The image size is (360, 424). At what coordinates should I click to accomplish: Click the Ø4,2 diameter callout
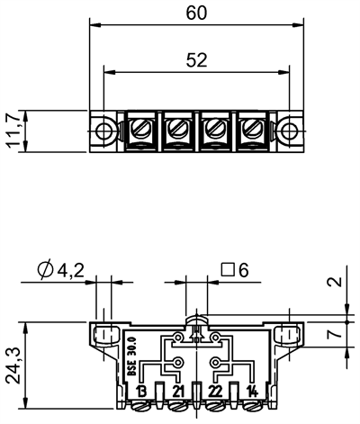pos(62,269)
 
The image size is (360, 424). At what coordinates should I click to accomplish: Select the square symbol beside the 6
pos(229,269)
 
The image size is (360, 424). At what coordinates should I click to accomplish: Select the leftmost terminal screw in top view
pos(142,131)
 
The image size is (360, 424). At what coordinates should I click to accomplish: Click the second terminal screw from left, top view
pos(178,131)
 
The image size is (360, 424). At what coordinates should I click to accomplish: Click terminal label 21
pos(179,391)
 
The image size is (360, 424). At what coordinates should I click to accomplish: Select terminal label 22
pos(216,391)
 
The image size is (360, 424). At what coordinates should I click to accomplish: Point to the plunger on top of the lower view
pos(197,320)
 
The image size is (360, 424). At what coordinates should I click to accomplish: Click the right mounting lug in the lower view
pos(289,334)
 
